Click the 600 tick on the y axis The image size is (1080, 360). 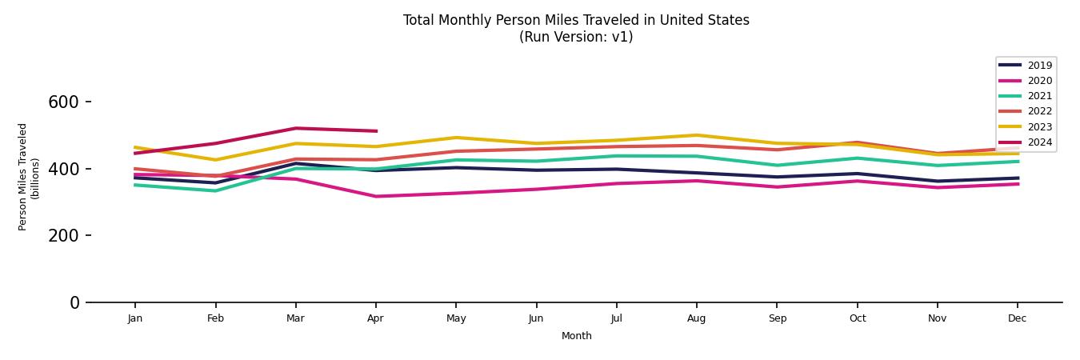(63, 102)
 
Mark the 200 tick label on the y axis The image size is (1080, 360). (63, 236)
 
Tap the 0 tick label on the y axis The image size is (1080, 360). (74, 303)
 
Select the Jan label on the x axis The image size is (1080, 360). (134, 318)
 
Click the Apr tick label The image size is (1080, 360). (375, 318)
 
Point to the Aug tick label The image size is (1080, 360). (696, 318)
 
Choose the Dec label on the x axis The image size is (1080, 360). (1017, 318)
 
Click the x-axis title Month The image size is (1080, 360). (576, 336)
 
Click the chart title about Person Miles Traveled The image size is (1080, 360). (576, 20)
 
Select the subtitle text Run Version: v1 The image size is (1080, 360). (576, 37)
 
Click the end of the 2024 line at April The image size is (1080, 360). (375, 131)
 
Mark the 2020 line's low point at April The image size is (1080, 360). (375, 196)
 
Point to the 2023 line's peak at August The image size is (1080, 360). (696, 135)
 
